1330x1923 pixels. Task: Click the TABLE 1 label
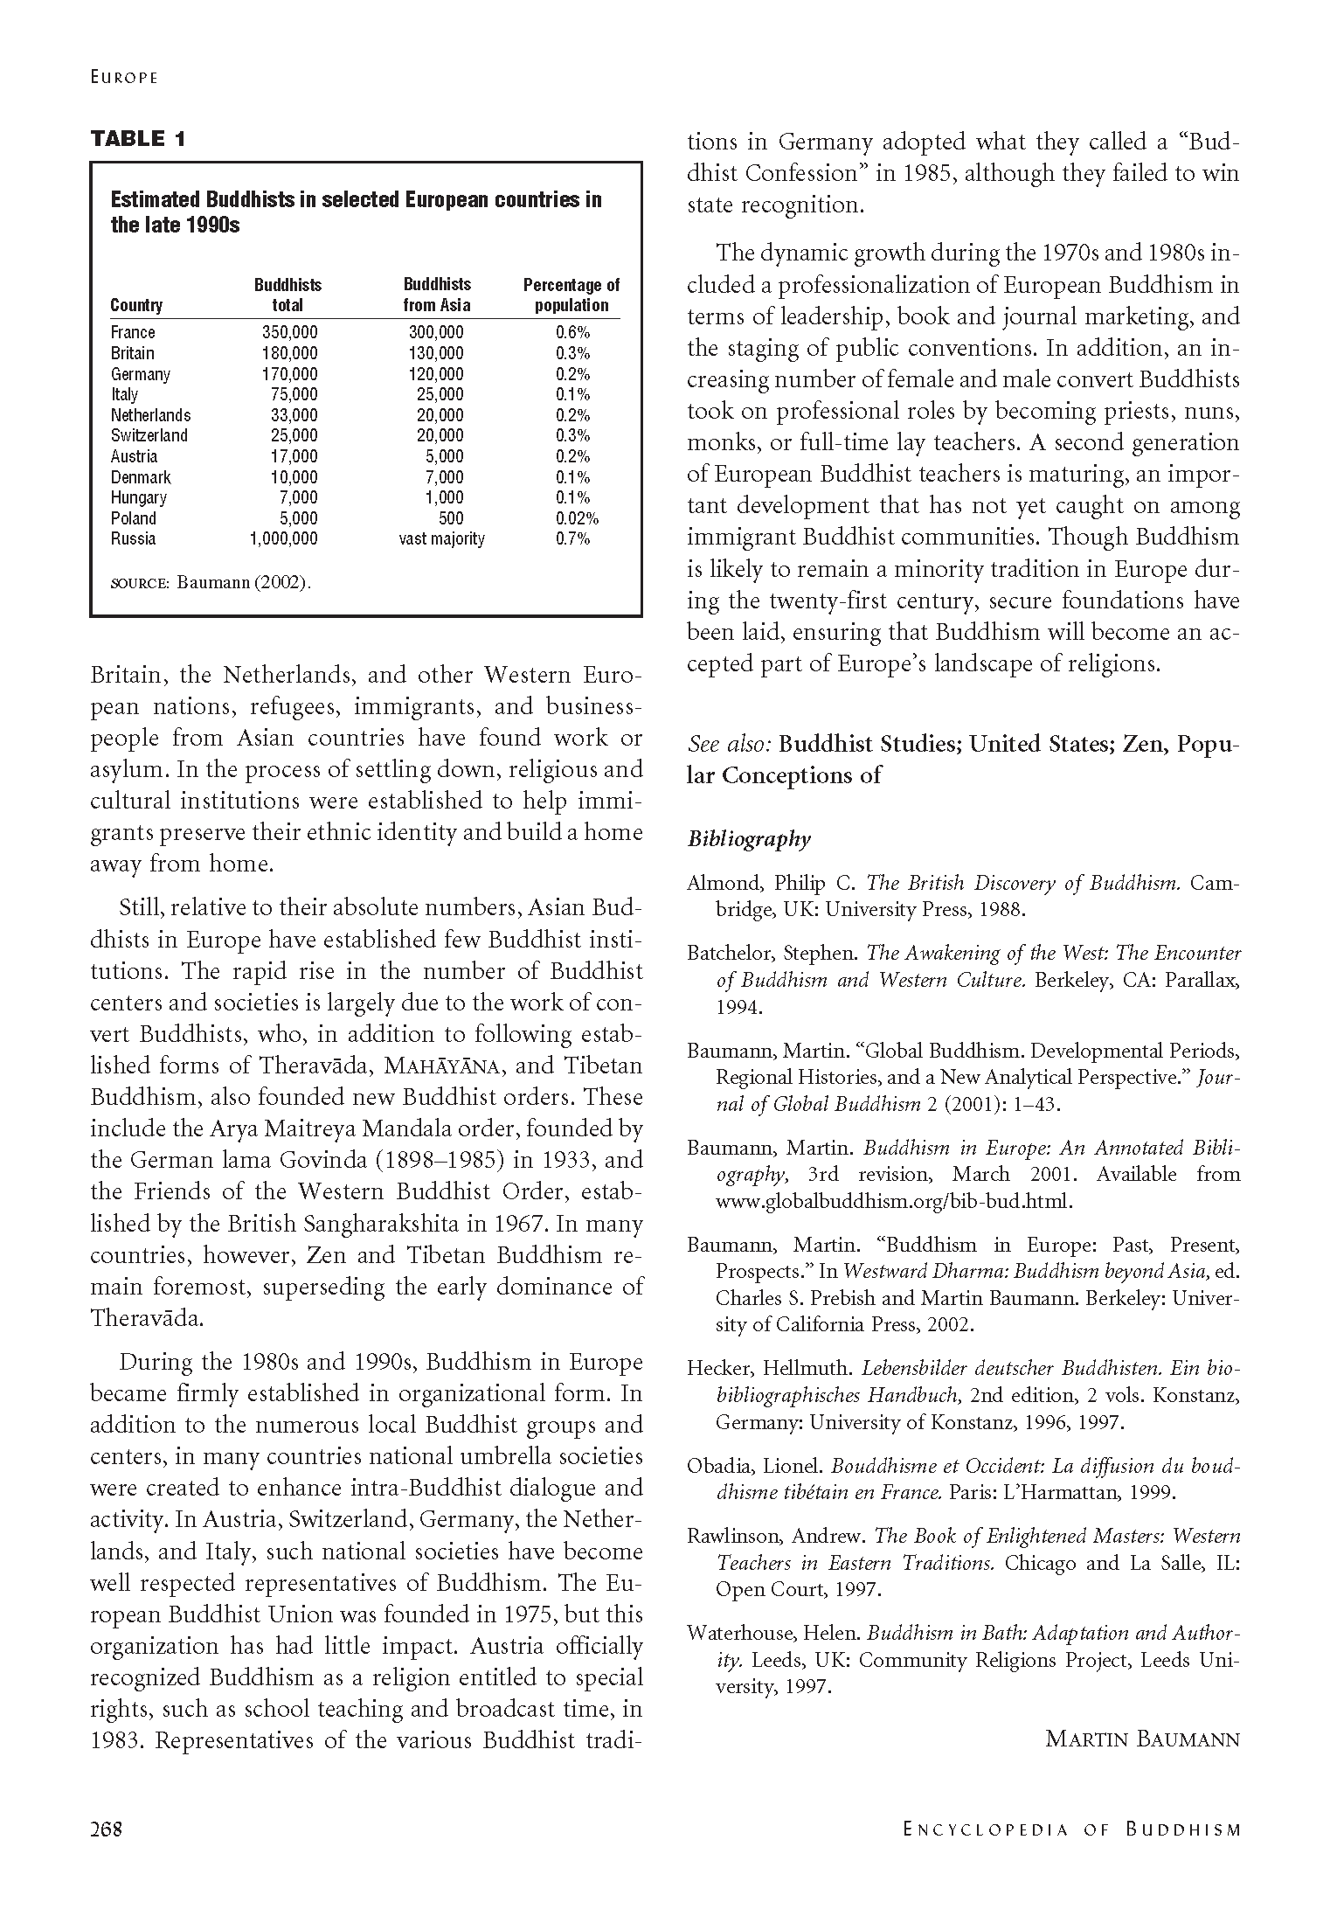pos(138,138)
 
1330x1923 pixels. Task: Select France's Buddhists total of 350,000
pos(289,332)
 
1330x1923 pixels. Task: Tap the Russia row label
pos(133,538)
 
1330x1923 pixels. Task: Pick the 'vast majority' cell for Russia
pos(441,538)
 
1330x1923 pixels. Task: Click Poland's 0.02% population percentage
pos(577,518)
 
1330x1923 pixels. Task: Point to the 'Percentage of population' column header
pos(571,295)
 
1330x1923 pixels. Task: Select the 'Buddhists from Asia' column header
pos(437,295)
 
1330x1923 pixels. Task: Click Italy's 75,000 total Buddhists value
pos(294,394)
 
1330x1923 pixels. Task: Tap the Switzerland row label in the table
pos(149,435)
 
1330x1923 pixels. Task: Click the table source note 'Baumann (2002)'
pos(244,582)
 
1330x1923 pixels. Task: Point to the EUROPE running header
pos(123,77)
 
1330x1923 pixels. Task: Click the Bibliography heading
pos(749,839)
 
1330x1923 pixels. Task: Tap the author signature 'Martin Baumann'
pos(1142,1739)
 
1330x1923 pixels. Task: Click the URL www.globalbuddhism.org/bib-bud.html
pos(893,1201)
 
